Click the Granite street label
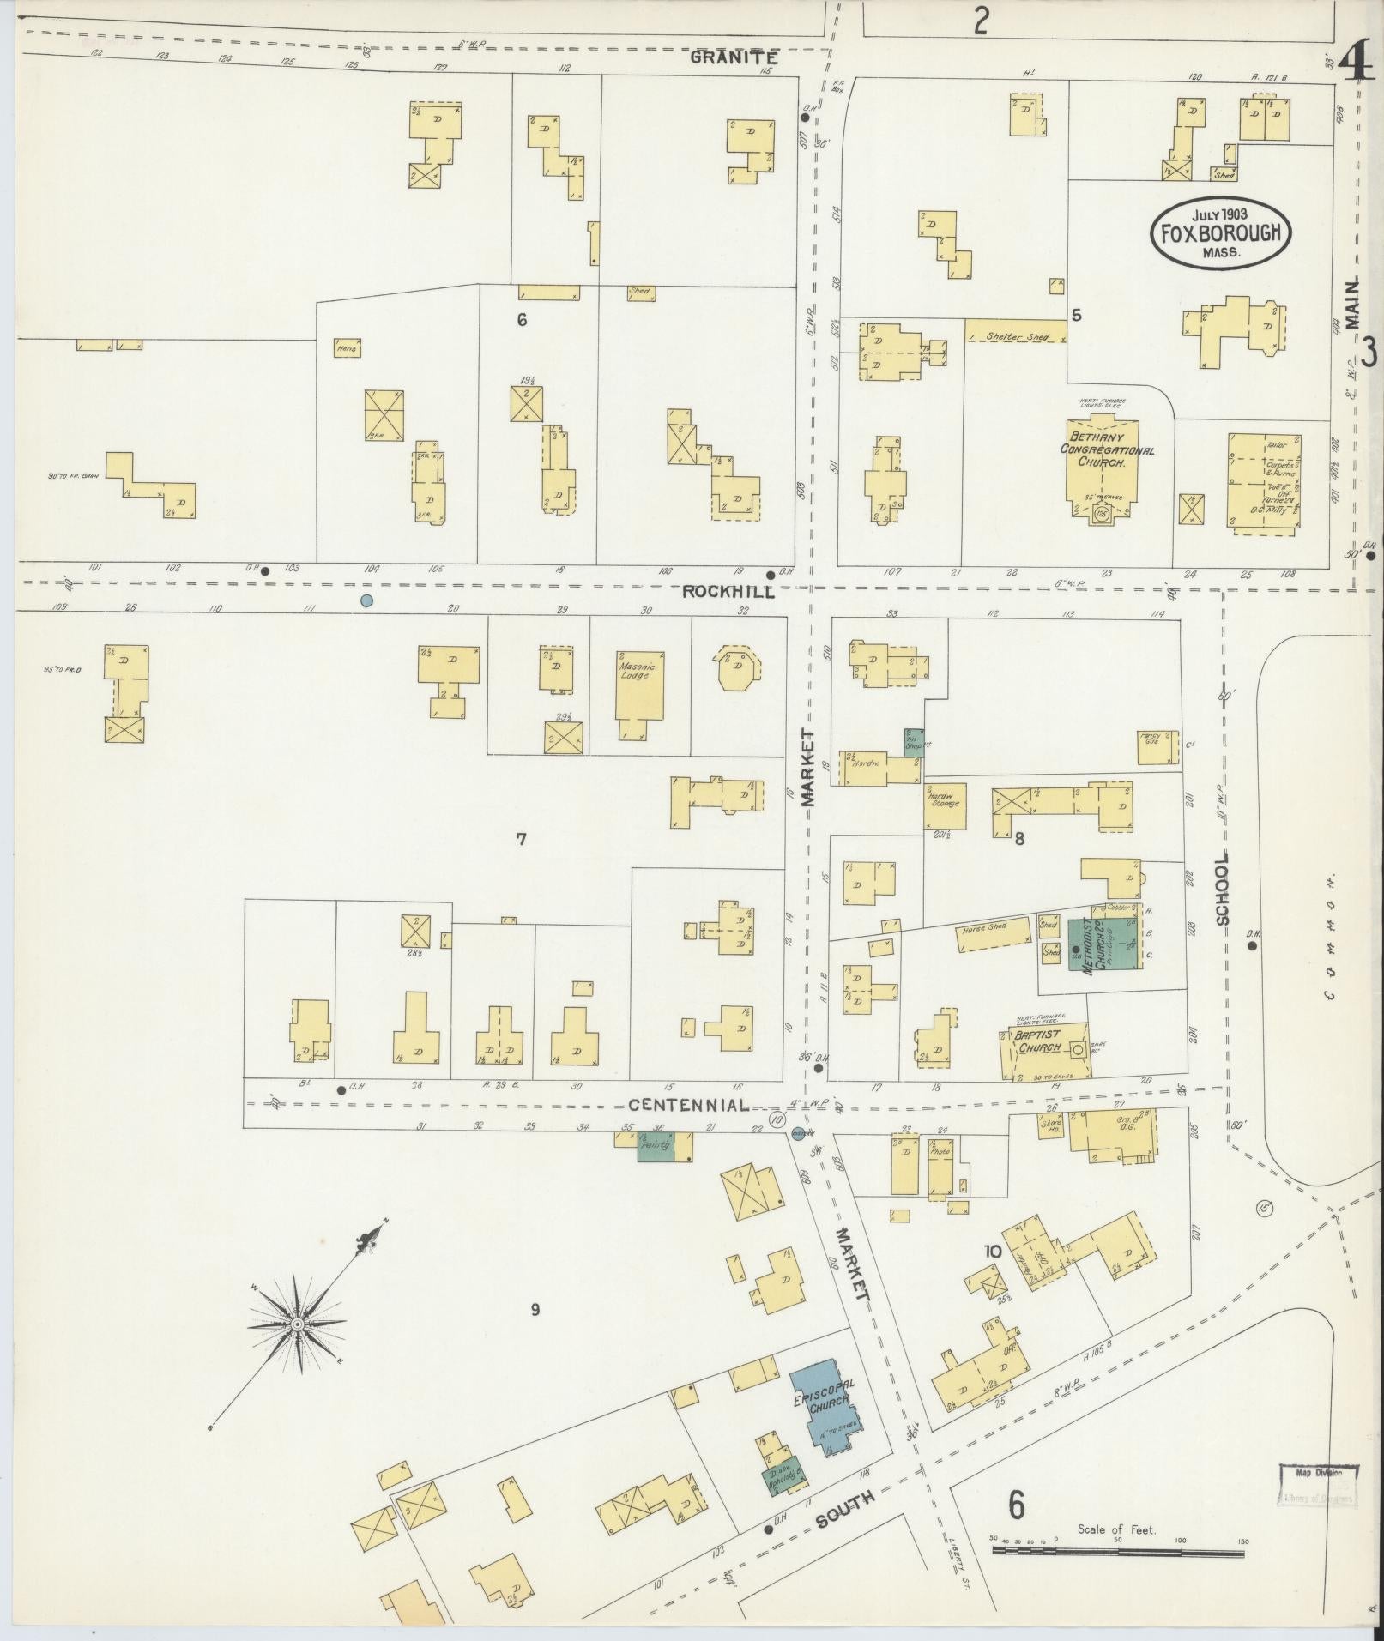(x=734, y=58)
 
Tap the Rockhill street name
(x=728, y=592)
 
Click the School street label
(x=1222, y=888)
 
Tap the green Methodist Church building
(x=1103, y=944)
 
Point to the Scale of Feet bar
(x=1119, y=1550)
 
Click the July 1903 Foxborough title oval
(x=1221, y=232)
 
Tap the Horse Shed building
(x=993, y=934)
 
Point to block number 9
(x=535, y=1309)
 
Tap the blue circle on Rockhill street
(x=367, y=600)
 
